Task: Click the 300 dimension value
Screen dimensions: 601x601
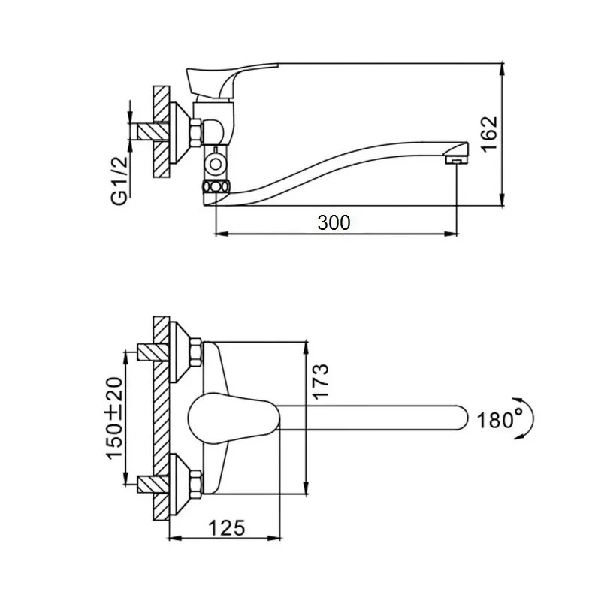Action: [334, 222]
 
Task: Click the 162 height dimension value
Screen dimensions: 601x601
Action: [489, 134]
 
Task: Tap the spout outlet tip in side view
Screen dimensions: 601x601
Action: [455, 159]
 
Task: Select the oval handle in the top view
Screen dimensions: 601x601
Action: [225, 418]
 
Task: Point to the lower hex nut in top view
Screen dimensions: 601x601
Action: [194, 481]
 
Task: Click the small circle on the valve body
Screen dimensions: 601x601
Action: [216, 162]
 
